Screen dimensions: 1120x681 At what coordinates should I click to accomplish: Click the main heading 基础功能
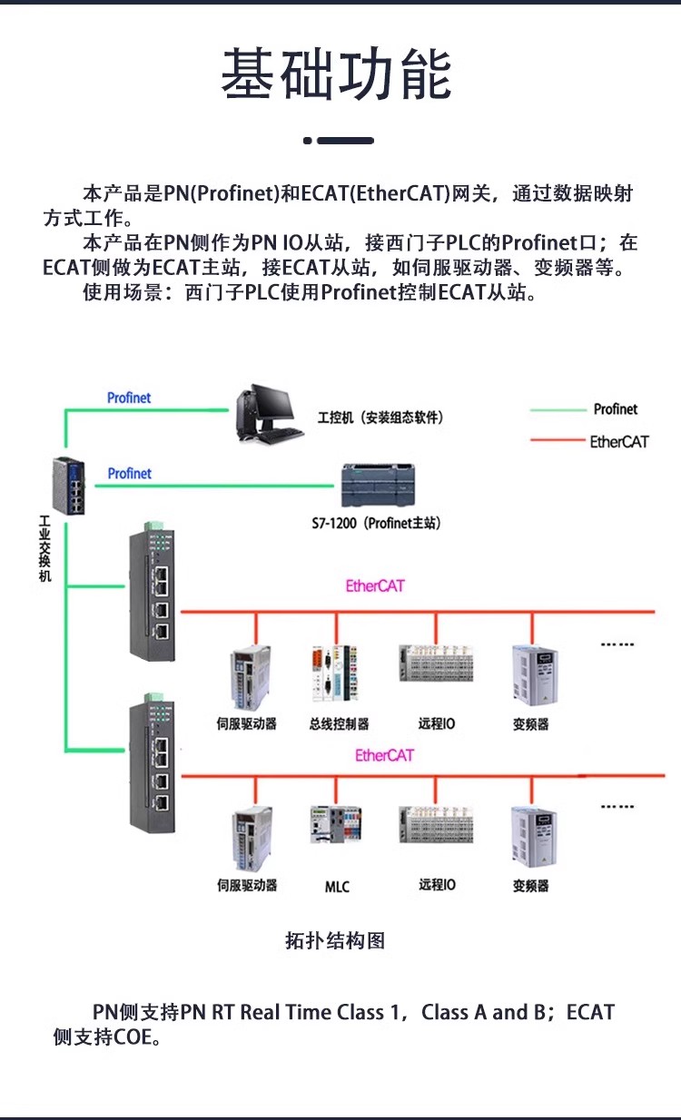(337, 75)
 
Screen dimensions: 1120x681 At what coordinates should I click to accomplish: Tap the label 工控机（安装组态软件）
(380, 418)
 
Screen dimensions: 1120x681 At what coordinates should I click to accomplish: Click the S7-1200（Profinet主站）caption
(376, 524)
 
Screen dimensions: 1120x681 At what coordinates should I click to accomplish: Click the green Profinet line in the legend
(558, 410)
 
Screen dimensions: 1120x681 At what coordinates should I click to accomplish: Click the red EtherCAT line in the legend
(558, 441)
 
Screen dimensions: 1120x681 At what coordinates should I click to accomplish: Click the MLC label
(337, 887)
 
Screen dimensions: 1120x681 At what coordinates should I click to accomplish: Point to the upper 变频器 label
(530, 724)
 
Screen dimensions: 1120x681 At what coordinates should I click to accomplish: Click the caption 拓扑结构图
(335, 941)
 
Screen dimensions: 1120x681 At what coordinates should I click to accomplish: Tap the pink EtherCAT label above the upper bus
(375, 585)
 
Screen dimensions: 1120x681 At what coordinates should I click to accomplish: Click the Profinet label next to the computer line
(129, 398)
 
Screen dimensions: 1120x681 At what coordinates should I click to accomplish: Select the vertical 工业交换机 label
(45, 549)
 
